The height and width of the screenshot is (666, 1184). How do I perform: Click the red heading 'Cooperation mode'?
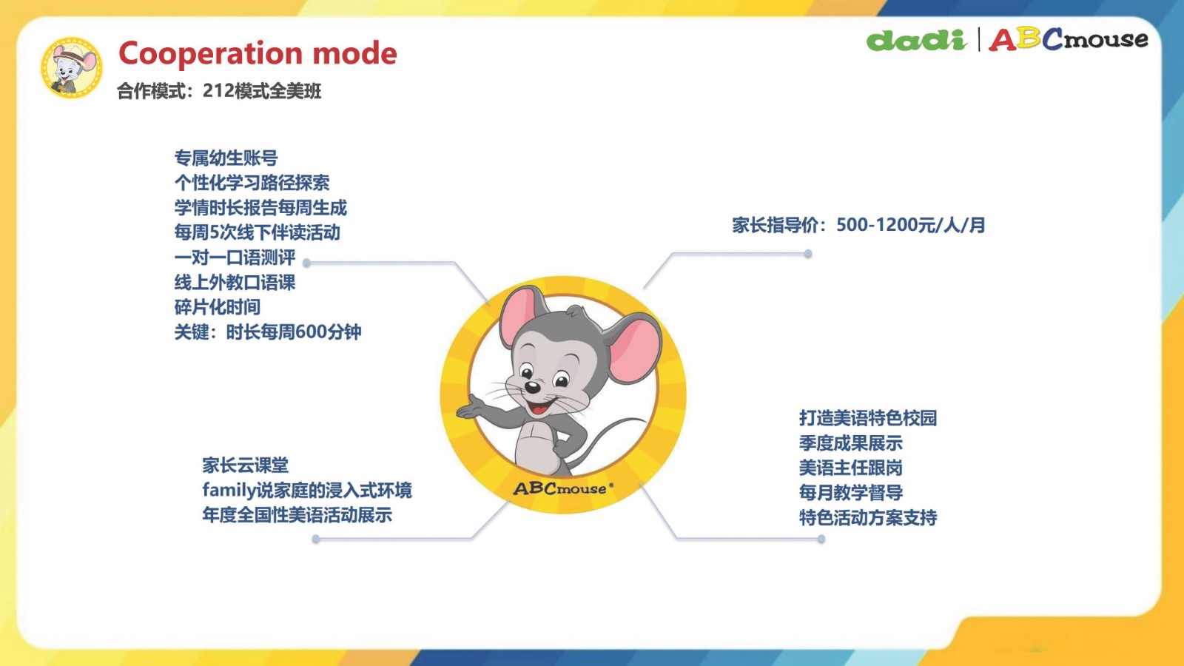(x=258, y=53)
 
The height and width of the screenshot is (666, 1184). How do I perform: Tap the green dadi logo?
(x=917, y=40)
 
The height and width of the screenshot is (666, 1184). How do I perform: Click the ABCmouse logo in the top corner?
(x=1069, y=40)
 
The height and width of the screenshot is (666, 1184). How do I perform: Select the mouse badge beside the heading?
(x=72, y=67)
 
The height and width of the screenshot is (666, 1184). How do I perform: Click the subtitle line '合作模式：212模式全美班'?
(x=219, y=91)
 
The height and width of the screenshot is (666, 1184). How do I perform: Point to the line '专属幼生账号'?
(x=226, y=158)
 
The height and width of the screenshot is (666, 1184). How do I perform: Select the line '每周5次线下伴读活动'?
(x=258, y=232)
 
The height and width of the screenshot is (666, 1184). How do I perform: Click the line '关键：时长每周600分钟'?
(x=268, y=332)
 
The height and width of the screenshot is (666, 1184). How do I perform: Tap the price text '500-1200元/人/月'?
(x=911, y=225)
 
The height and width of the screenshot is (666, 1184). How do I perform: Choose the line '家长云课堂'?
(x=245, y=465)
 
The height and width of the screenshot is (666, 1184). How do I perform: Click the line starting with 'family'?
(x=306, y=491)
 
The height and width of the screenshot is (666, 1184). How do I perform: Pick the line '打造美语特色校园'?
(x=868, y=418)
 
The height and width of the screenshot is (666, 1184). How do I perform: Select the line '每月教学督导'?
(x=850, y=493)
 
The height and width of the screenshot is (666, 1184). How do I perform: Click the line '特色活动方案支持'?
(x=868, y=517)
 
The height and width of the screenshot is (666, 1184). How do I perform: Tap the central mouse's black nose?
(x=532, y=388)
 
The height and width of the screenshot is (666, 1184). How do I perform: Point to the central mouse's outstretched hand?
(x=471, y=408)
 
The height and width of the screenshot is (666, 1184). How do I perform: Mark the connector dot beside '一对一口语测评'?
(x=306, y=262)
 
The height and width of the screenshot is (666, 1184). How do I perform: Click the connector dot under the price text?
(x=808, y=254)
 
